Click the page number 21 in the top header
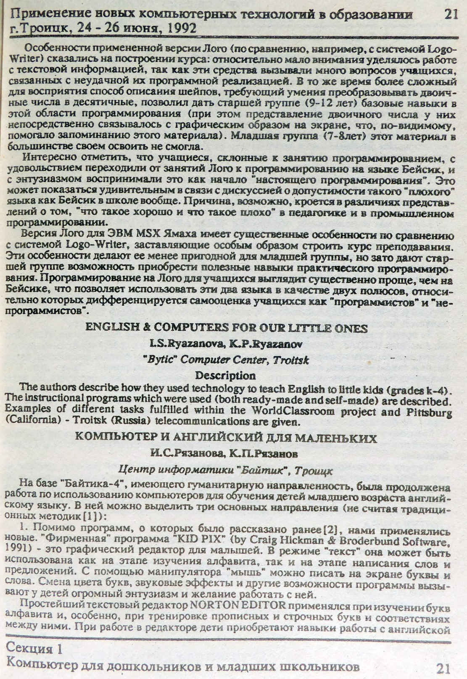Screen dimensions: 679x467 tap(450, 15)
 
